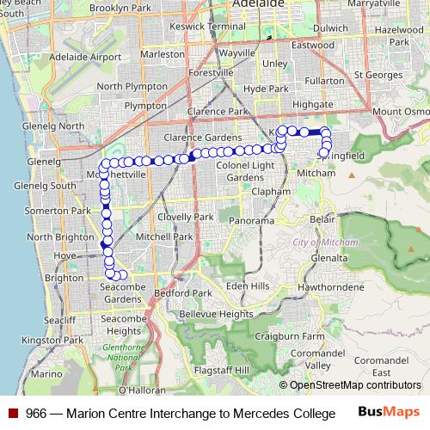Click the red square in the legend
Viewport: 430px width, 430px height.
[13, 413]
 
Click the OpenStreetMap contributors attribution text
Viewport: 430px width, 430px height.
[356, 384]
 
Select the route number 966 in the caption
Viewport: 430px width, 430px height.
[36, 413]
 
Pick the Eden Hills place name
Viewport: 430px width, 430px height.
[248, 286]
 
